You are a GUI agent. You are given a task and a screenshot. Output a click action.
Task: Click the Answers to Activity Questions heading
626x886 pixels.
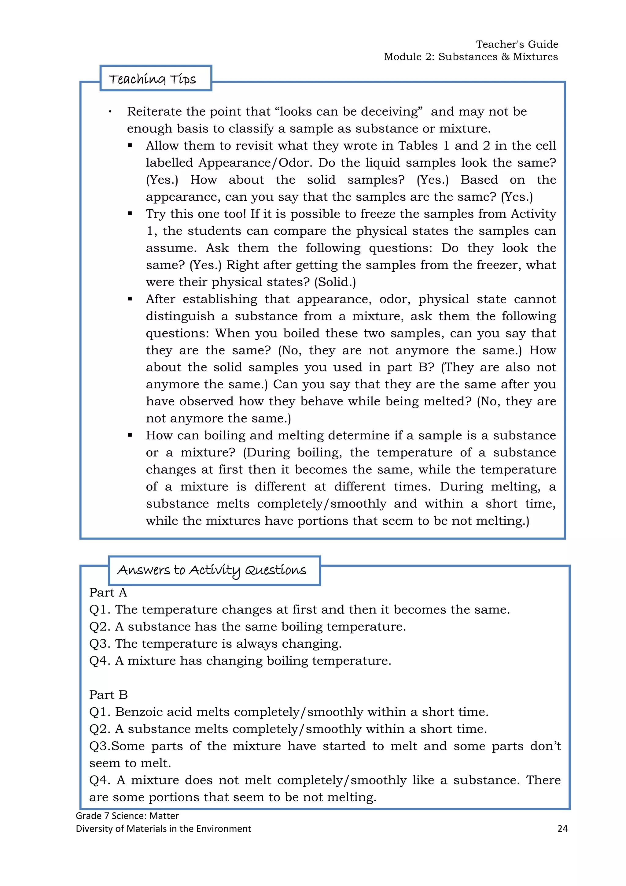(212, 570)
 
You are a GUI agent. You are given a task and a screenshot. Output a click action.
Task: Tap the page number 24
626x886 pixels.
(562, 828)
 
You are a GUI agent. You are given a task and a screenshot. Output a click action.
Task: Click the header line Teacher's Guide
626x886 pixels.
(517, 44)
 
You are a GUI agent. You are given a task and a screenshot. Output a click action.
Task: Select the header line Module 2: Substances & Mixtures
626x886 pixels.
(471, 57)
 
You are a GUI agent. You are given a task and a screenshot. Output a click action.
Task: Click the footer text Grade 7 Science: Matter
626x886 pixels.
(127, 816)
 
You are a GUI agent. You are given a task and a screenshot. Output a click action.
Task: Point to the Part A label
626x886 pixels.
(108, 592)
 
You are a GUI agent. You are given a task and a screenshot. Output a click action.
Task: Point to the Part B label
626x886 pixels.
(108, 694)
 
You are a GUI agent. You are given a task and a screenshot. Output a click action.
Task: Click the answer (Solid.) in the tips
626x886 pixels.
(335, 282)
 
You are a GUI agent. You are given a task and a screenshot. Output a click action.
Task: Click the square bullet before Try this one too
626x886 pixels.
(130, 214)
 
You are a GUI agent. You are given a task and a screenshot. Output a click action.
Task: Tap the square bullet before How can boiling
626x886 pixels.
(130, 435)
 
